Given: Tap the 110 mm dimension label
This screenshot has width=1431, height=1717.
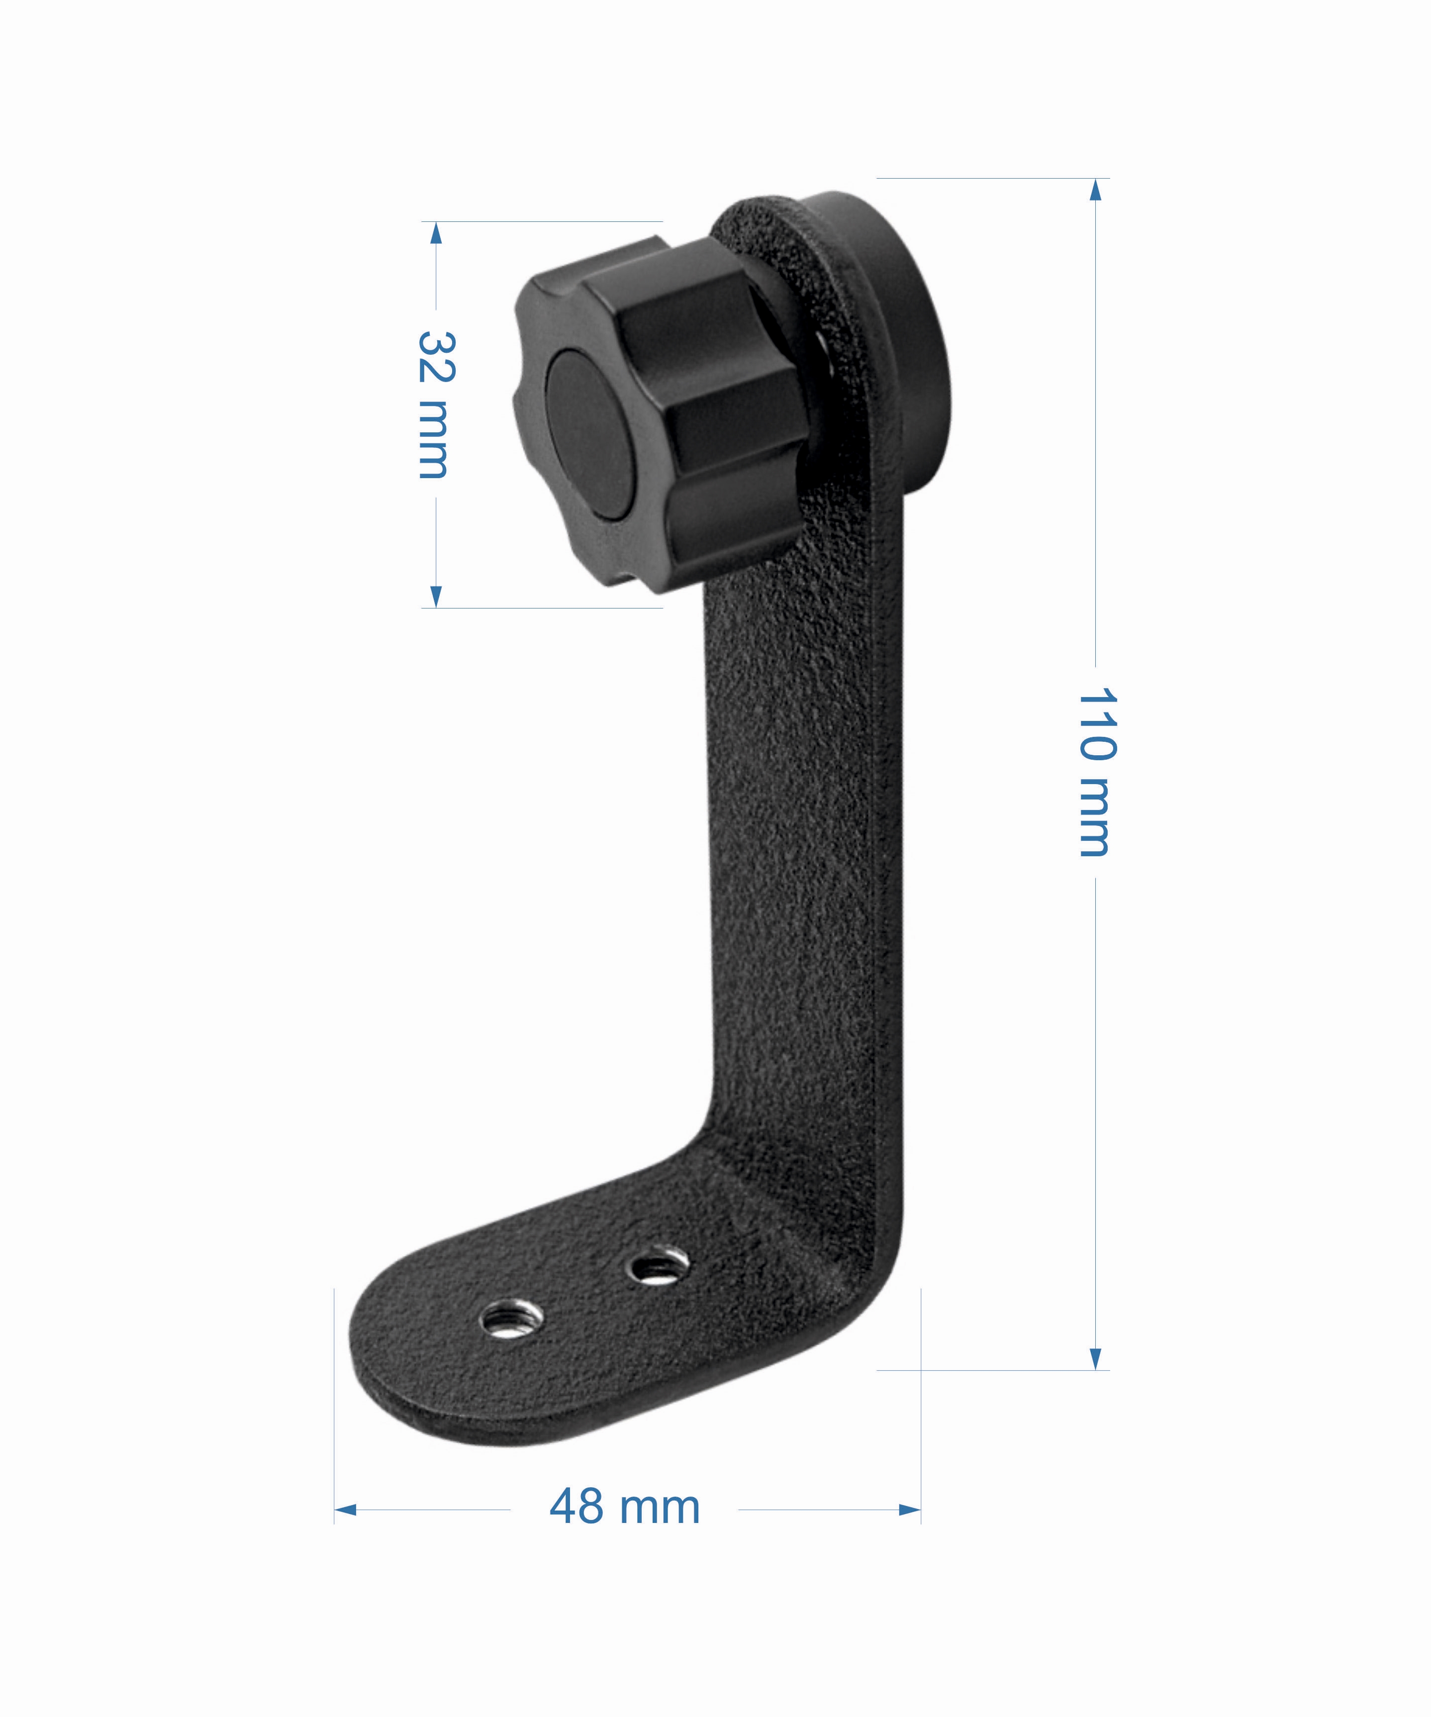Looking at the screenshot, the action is [1096, 772].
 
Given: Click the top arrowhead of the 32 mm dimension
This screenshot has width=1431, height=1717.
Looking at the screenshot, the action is [436, 233].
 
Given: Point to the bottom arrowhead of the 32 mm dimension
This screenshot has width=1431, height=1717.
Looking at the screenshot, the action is [436, 596].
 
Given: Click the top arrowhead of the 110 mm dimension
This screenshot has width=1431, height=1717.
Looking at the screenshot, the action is [1096, 190].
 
